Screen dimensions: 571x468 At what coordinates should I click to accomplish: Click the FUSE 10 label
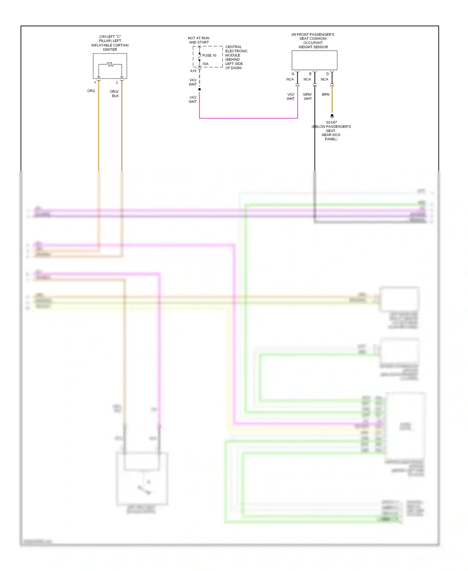tap(209, 56)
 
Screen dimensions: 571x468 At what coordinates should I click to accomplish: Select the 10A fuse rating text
tap(205, 64)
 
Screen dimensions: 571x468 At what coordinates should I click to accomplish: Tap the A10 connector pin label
tap(193, 71)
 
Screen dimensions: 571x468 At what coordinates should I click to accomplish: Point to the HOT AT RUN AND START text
tap(199, 40)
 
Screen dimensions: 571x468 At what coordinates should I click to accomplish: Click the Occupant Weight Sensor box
tap(314, 60)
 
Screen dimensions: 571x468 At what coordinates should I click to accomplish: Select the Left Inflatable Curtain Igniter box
tap(110, 66)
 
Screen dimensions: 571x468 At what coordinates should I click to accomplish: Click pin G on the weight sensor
tap(293, 74)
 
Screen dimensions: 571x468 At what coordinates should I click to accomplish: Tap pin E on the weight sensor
tap(310, 74)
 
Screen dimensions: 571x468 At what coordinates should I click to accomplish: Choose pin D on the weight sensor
tap(328, 74)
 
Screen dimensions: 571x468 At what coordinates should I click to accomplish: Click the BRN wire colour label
tap(325, 94)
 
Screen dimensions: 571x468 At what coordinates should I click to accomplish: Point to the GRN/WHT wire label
tap(307, 97)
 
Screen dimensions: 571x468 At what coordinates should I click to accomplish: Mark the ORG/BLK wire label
tap(115, 94)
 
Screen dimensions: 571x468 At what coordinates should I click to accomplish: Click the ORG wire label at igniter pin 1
tap(91, 91)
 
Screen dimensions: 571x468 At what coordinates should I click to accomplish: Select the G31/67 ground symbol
tap(332, 116)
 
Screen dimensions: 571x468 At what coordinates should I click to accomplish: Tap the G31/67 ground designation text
tap(331, 122)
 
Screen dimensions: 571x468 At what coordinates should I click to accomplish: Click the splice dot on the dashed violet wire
tap(199, 89)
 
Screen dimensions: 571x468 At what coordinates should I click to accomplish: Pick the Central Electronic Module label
tap(236, 57)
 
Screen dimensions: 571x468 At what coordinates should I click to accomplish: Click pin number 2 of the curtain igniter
tap(117, 82)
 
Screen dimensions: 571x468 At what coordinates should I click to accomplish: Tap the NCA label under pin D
tap(324, 79)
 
